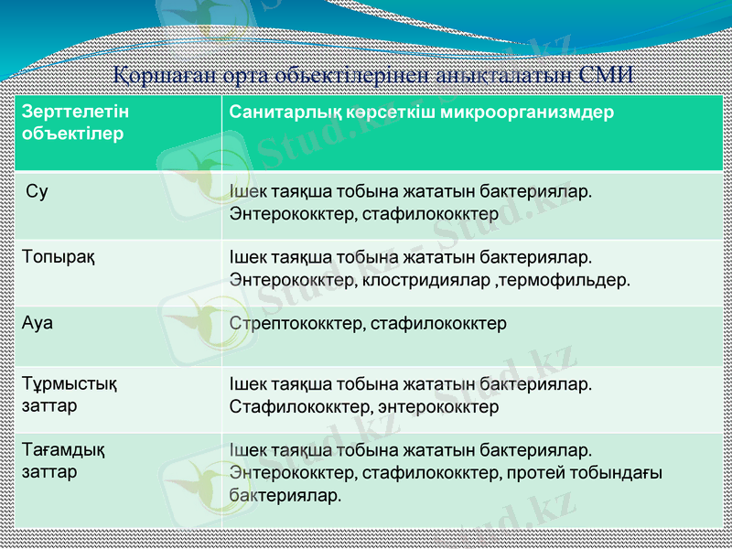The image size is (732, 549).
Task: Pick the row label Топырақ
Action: [59, 257]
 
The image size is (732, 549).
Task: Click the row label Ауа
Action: [38, 323]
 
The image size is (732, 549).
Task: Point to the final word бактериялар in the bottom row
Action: [285, 495]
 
